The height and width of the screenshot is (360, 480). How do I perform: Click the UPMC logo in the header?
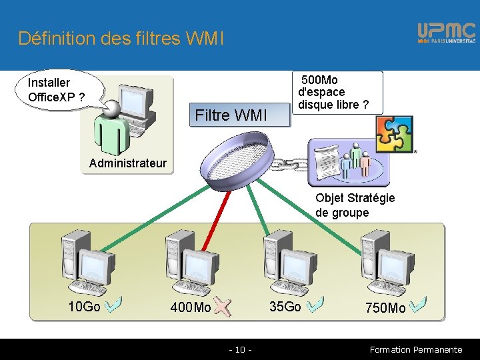446,33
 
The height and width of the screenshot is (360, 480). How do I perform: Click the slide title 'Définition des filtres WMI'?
121,38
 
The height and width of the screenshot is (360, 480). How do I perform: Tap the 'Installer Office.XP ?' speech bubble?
57,91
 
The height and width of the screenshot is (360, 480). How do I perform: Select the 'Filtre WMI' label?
231,115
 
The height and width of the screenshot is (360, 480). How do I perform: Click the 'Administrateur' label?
127,163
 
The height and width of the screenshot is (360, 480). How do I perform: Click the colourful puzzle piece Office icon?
394,134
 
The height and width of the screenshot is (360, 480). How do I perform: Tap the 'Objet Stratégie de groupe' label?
355,205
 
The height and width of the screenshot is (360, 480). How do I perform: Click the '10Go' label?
85,307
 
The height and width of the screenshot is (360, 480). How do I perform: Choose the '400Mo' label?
191,308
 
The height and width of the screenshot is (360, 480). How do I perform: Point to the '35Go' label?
285,307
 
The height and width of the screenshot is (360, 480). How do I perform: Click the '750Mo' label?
385,308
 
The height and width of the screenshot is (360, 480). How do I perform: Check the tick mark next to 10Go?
113,304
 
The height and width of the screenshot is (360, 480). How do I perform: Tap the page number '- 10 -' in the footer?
240,349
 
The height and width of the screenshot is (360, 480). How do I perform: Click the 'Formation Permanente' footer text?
415,349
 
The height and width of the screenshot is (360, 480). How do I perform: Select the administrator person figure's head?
112,107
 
